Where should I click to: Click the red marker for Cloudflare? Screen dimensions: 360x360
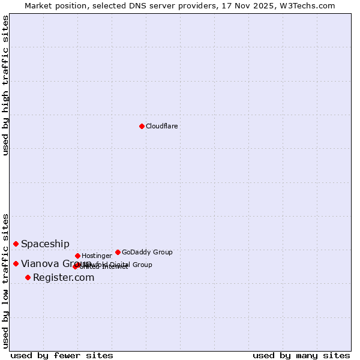point(142,126)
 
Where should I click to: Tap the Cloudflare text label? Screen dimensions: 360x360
point(161,126)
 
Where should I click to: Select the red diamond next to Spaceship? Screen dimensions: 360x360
point(16,244)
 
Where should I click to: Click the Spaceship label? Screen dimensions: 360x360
point(45,244)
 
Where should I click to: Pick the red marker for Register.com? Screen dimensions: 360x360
point(28,277)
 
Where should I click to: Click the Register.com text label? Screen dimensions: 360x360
point(64,277)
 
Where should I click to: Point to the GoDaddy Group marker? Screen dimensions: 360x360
point(118,252)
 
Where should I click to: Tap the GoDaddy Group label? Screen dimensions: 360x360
point(147,252)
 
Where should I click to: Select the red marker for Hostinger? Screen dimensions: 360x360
point(77,256)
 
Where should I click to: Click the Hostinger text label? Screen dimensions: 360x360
point(97,256)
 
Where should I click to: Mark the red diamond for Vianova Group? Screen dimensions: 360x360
point(16,263)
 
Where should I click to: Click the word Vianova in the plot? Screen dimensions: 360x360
point(39,263)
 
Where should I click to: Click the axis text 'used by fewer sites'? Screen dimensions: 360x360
point(62,355)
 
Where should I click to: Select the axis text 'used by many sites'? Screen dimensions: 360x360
point(301,355)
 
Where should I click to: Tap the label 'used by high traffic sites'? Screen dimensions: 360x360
point(5,86)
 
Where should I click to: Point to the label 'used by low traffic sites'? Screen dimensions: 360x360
point(5,280)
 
